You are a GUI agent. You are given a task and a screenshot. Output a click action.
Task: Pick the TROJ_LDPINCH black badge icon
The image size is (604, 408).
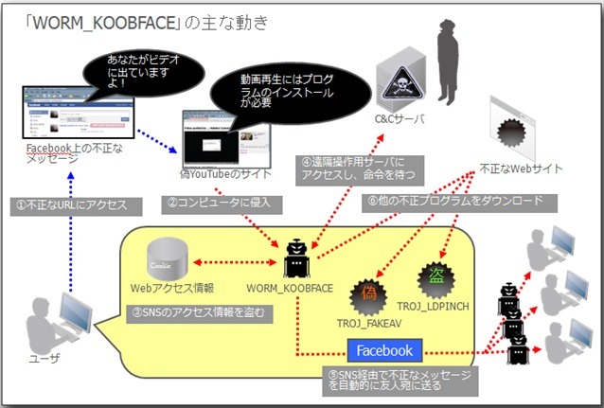pyautogui.click(x=435, y=275)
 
